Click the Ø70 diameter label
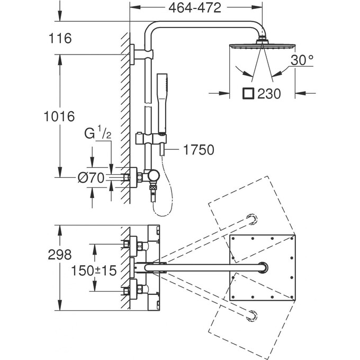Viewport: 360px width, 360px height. [91, 178]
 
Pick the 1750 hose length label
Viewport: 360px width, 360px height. [199, 150]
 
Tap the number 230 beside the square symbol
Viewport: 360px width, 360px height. [268, 94]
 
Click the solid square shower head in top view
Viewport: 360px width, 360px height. [262, 267]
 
